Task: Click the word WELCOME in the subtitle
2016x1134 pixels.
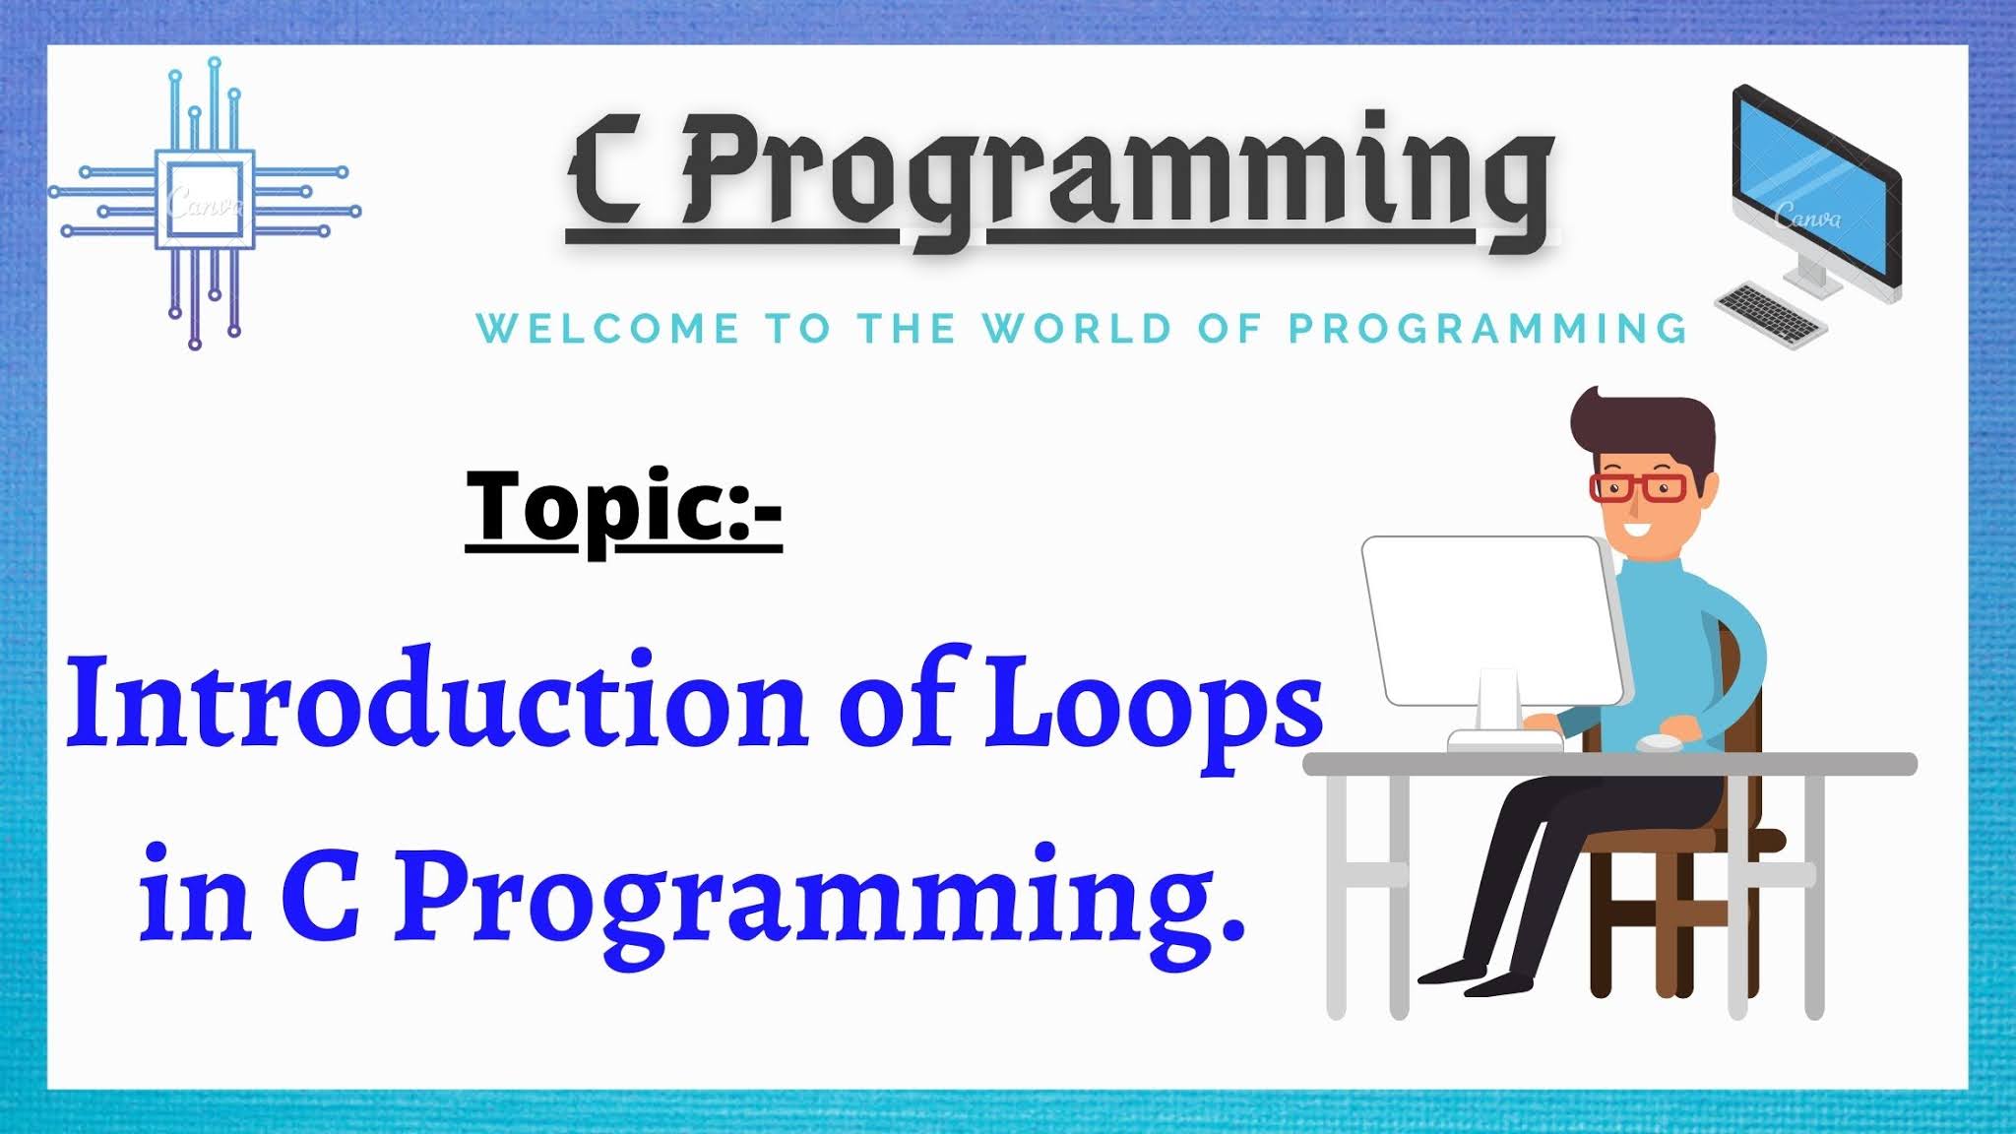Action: [607, 329]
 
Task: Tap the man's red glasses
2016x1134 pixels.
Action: [1638, 486]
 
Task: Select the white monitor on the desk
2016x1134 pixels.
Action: [1494, 630]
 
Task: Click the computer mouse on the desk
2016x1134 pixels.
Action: [1660, 742]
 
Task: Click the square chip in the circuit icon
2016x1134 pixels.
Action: [204, 200]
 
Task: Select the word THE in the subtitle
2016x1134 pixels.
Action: [906, 329]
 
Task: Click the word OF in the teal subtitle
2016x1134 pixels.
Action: [1230, 329]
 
